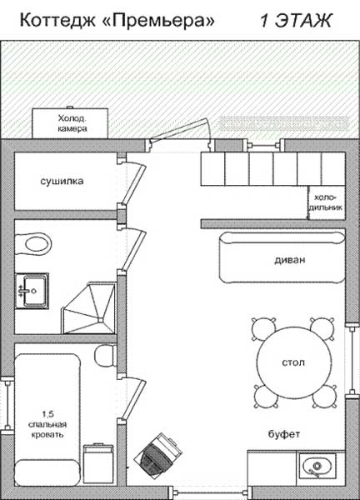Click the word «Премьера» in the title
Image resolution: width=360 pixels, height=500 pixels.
coord(159,20)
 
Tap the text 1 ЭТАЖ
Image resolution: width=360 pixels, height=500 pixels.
coord(296,21)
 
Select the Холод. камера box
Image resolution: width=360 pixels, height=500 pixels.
coord(70,123)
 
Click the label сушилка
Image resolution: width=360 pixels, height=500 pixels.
coord(62,181)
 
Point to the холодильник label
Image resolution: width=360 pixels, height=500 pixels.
coord(326,202)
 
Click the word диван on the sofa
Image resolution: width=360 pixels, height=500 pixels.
coord(290,259)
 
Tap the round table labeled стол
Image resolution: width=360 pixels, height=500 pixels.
coord(293,362)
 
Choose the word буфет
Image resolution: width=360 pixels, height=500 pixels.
coord(284,434)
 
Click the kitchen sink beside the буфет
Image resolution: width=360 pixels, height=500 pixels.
coord(317,466)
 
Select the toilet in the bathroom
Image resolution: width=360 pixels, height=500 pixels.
coord(33,244)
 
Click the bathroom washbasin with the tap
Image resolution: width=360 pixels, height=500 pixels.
coord(32,291)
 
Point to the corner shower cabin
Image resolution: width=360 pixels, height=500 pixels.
coord(88,308)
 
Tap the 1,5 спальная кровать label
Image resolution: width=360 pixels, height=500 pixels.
coord(47,424)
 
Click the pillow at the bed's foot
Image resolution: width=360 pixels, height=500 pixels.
coord(47,472)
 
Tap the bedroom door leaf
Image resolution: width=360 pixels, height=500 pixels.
coord(133,400)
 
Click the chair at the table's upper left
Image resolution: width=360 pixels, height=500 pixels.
coord(263,328)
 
